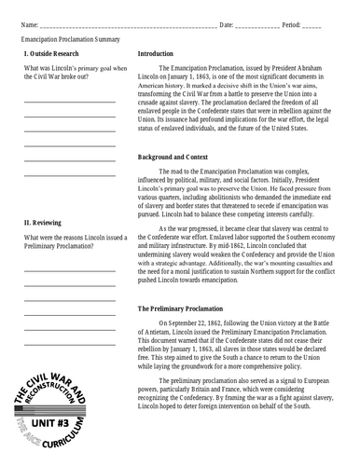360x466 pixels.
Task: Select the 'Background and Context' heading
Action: point(176,156)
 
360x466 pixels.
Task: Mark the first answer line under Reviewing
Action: point(70,270)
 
